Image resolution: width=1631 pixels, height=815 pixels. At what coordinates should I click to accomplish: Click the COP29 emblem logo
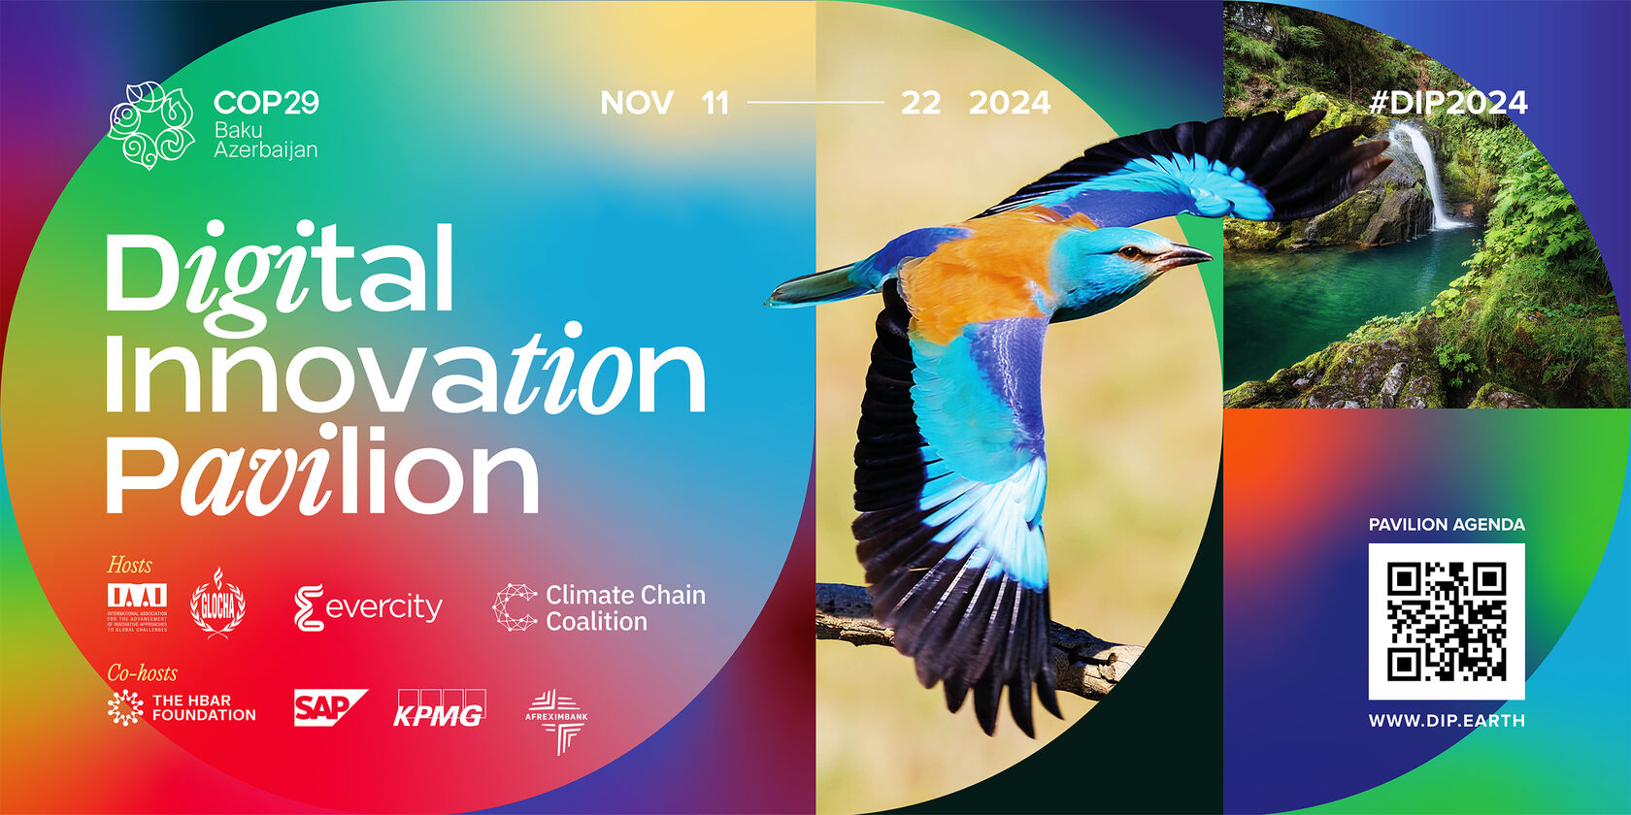click(x=150, y=125)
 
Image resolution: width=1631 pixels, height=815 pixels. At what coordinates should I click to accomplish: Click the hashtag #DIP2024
click(x=1448, y=103)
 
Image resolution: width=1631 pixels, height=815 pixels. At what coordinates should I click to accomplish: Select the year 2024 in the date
click(x=1009, y=103)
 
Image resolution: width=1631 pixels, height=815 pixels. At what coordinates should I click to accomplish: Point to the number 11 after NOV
click(x=715, y=103)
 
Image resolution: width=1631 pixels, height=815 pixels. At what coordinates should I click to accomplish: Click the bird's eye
click(x=1128, y=252)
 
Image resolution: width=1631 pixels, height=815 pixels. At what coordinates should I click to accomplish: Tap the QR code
click(x=1446, y=621)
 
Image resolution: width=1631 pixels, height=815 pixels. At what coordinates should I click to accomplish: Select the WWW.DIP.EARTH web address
click(x=1446, y=721)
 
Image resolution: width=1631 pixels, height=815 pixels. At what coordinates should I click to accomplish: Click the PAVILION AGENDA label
click(x=1446, y=525)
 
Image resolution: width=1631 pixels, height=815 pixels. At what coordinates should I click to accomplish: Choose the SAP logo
click(x=328, y=707)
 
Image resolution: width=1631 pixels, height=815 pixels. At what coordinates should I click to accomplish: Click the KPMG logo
click(x=439, y=708)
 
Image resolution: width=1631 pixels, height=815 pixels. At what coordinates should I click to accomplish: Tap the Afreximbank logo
click(x=556, y=721)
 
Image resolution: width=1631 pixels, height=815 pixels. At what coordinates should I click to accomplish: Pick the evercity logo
click(x=368, y=608)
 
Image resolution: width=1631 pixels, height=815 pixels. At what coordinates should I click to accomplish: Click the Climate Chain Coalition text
click(x=625, y=608)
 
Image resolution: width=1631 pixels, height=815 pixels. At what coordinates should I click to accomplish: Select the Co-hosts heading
click(x=142, y=672)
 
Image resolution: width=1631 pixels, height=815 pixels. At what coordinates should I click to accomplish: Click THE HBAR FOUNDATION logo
click(x=183, y=707)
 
